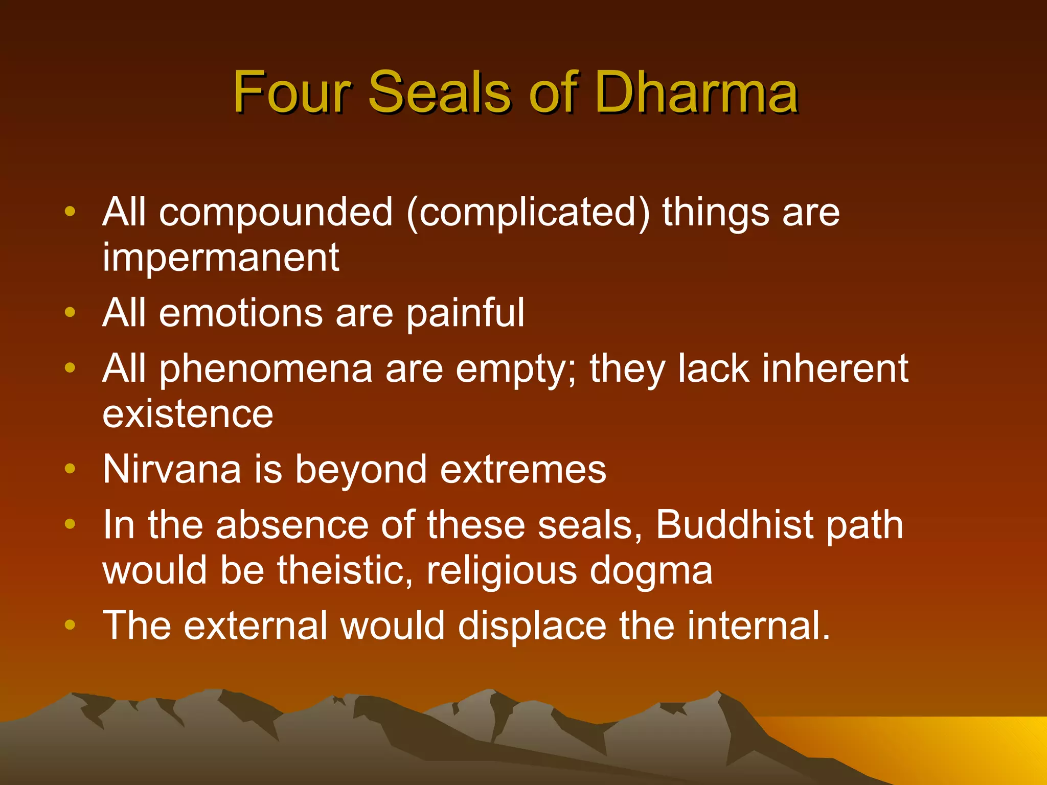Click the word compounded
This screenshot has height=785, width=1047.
click(x=276, y=213)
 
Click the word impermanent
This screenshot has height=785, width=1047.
click(x=220, y=258)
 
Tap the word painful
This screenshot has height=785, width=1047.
click(x=466, y=313)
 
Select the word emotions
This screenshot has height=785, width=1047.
click(x=241, y=313)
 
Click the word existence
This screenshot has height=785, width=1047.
click(x=188, y=414)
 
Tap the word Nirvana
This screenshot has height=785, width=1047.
click(x=172, y=469)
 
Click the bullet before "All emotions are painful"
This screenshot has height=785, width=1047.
click(x=70, y=312)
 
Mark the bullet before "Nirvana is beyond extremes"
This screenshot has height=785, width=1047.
click(x=70, y=469)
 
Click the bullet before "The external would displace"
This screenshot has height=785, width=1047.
click(x=70, y=625)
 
